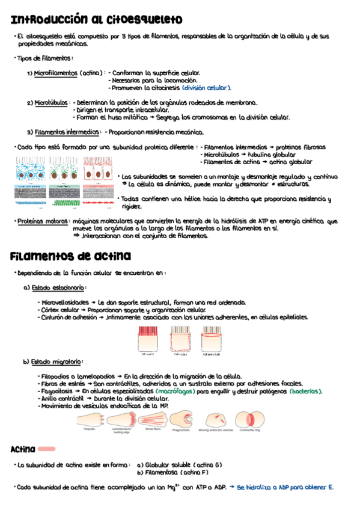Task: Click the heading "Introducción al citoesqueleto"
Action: point(96,21)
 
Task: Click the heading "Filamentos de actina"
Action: point(70,257)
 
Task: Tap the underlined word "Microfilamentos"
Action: point(56,73)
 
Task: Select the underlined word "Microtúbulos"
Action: point(51,103)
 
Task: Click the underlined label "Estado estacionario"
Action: point(58,287)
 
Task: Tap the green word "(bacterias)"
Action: point(305,391)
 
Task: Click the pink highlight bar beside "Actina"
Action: point(46,449)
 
